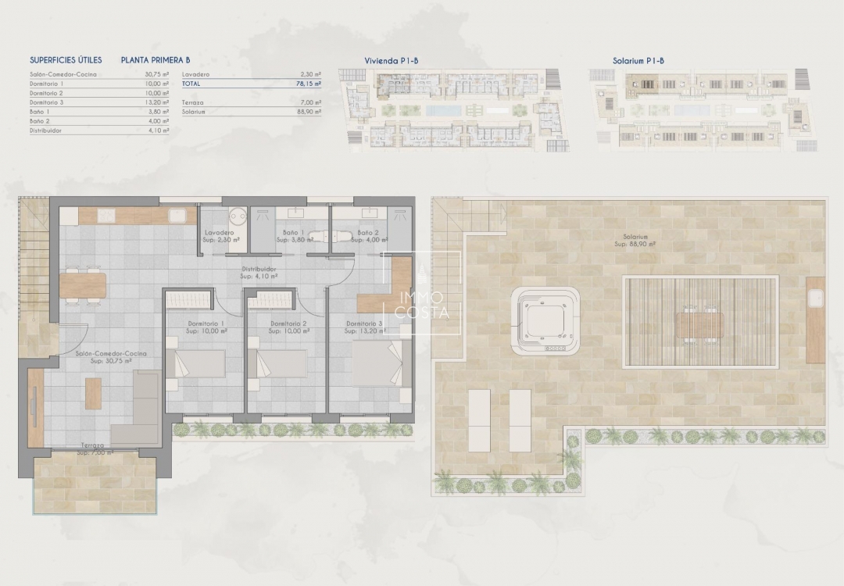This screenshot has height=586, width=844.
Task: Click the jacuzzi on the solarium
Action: click(x=545, y=320)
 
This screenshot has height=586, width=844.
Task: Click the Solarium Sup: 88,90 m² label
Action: click(x=635, y=240)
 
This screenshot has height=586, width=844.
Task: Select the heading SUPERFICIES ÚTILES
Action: click(x=66, y=59)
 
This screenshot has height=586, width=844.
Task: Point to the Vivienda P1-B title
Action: click(x=390, y=60)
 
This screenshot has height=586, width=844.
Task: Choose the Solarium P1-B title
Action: click(x=638, y=60)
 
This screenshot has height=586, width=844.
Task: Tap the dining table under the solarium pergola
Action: click(x=699, y=323)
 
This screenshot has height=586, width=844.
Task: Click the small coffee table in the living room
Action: click(x=93, y=393)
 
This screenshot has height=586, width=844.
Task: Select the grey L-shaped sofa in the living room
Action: click(x=139, y=410)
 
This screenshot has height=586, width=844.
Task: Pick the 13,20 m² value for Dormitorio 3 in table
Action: click(x=158, y=102)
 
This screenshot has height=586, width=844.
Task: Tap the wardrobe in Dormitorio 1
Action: click(x=188, y=298)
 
